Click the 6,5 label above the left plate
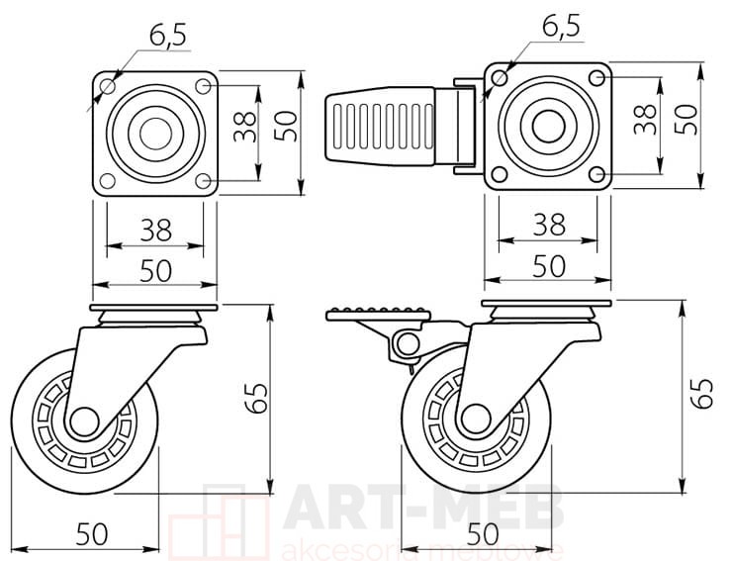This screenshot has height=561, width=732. point(168,34)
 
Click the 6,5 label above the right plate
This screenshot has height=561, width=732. point(561,26)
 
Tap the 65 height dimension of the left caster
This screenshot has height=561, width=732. point(257,399)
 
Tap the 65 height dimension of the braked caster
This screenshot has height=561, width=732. point(702,394)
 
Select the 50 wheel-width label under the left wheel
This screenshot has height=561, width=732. point(92,534)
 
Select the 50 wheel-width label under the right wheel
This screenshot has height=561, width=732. point(483,534)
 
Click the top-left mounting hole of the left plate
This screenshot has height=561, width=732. point(108,86)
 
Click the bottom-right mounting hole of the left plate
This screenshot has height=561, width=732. point(203,181)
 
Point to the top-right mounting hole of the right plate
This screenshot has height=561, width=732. point(596,78)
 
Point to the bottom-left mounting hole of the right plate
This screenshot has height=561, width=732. point(500,174)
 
